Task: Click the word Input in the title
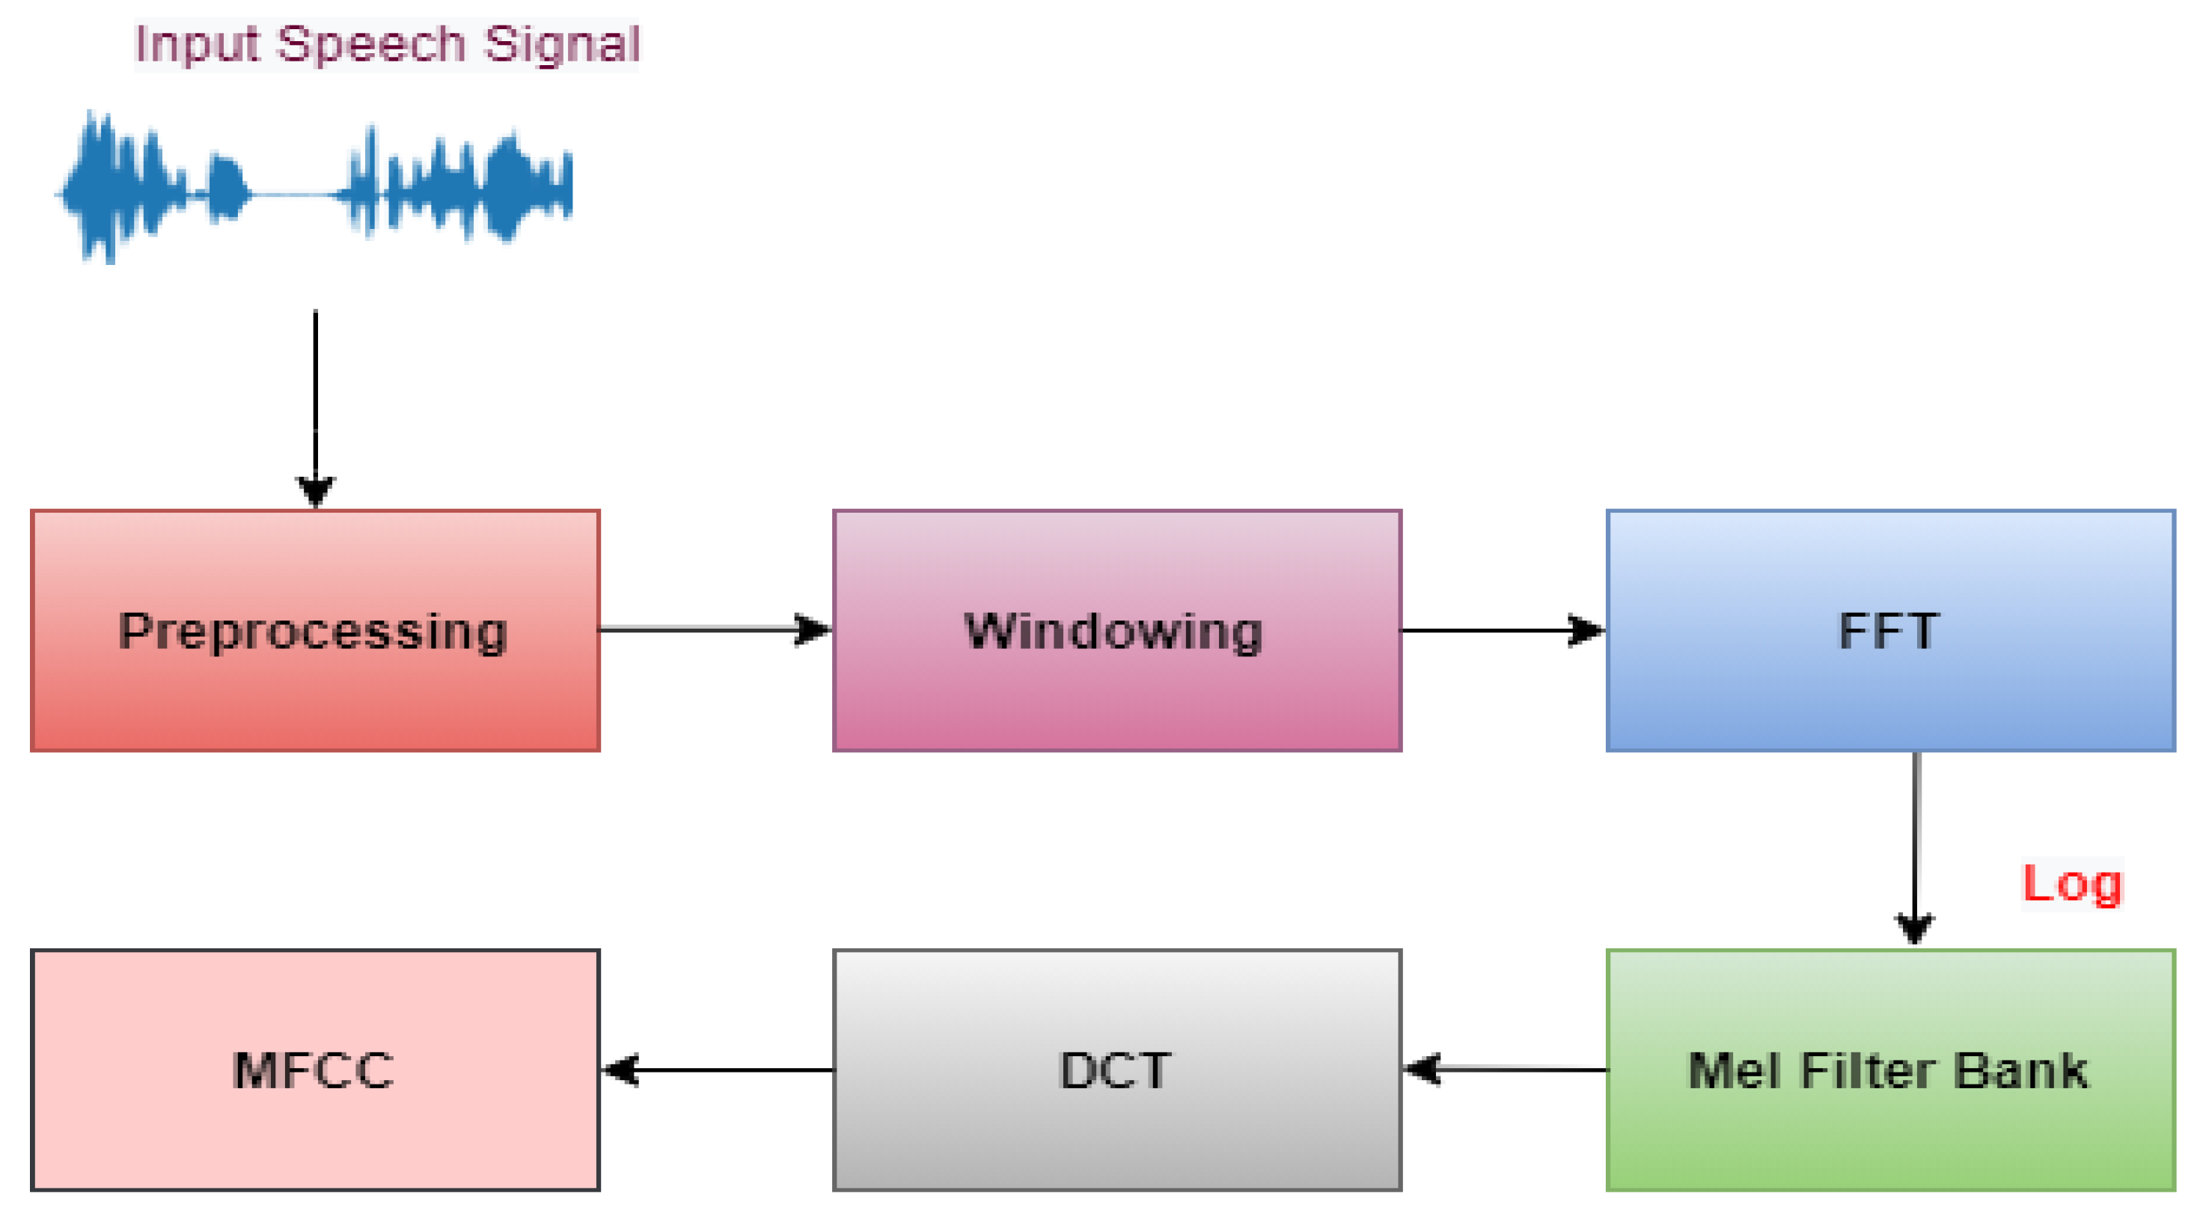click(x=196, y=44)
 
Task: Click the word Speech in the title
click(x=371, y=44)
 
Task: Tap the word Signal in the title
click(x=562, y=44)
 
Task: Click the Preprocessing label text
click(x=313, y=632)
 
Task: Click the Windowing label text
click(x=1113, y=632)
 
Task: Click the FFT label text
click(x=1889, y=632)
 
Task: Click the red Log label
click(x=2071, y=885)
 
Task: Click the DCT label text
click(x=1115, y=1071)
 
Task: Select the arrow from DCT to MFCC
click(x=718, y=1070)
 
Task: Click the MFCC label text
click(x=313, y=1071)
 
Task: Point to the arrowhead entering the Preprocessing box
click(x=316, y=492)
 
